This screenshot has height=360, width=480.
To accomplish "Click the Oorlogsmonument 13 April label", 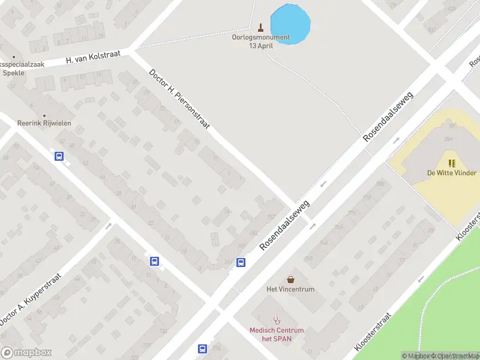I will [x=260, y=41].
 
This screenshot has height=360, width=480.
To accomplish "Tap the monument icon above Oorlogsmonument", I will [x=260, y=27].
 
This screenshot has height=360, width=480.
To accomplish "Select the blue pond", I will [x=290, y=24].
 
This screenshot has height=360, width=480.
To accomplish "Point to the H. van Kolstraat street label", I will [x=93, y=57].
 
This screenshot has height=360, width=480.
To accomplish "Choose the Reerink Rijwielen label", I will [x=44, y=123].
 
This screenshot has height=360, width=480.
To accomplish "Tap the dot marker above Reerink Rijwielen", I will [x=44, y=115].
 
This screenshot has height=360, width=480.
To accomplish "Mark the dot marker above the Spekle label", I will [x=14, y=57].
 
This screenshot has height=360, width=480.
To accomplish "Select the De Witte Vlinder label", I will [x=451, y=173].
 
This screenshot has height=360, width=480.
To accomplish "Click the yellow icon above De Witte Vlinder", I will [x=451, y=163].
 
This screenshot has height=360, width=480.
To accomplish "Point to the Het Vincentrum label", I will [x=290, y=289].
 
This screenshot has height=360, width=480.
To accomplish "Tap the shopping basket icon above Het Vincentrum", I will [x=291, y=279].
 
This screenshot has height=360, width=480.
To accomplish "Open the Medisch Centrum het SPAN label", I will [x=277, y=334].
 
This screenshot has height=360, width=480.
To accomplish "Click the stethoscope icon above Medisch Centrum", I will [x=277, y=320].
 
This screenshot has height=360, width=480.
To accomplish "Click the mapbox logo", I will [x=26, y=352].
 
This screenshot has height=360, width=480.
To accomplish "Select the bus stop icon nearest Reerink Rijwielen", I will [x=59, y=157].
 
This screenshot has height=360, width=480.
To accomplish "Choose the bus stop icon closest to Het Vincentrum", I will [x=241, y=262].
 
